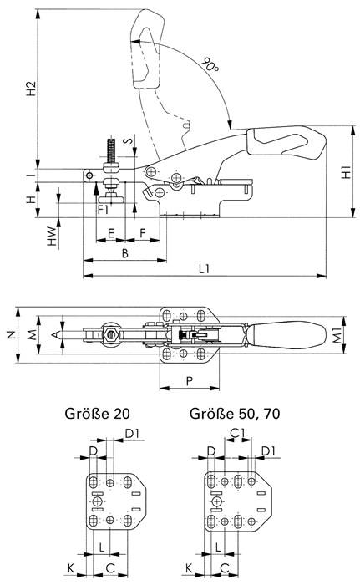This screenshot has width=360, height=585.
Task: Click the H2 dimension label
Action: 31,89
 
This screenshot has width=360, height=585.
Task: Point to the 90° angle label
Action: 211,65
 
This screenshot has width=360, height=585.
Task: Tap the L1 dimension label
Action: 204,269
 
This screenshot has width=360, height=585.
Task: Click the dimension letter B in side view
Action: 125,252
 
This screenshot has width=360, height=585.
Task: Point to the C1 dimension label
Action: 237,433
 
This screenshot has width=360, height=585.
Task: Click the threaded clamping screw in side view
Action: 110,159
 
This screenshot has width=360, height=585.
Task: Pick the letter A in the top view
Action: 56,334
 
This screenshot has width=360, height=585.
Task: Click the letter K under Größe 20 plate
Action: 72,568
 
